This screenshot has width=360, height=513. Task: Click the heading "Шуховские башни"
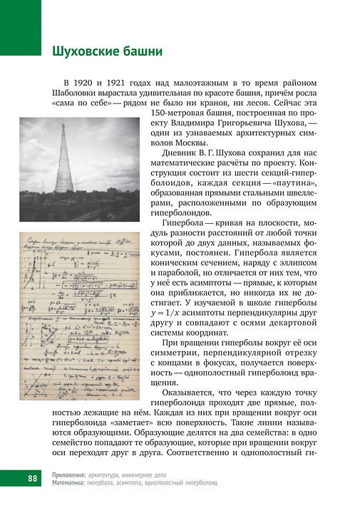(107, 52)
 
